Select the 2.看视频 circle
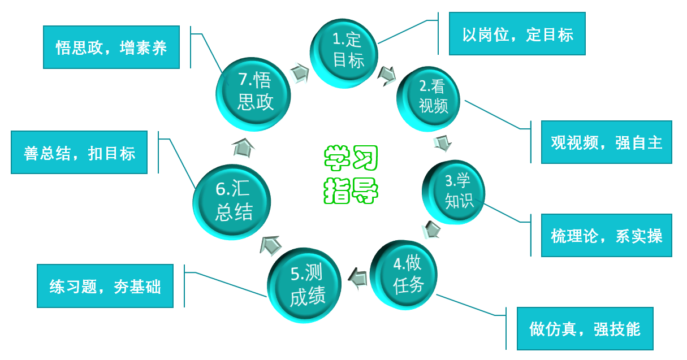click(x=431, y=98)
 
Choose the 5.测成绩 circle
click(x=305, y=285)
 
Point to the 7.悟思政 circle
click(x=254, y=92)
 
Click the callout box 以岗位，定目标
click(x=517, y=34)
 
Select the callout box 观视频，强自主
click(x=606, y=142)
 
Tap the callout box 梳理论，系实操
click(x=606, y=235)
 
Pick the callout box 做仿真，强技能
click(x=585, y=328)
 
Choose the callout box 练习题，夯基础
click(x=105, y=287)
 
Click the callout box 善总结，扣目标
click(x=79, y=153)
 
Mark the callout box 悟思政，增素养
click(x=111, y=47)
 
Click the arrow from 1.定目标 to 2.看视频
click(x=387, y=74)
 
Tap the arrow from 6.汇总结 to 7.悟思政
click(x=243, y=147)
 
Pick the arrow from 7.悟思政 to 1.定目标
click(x=299, y=72)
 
